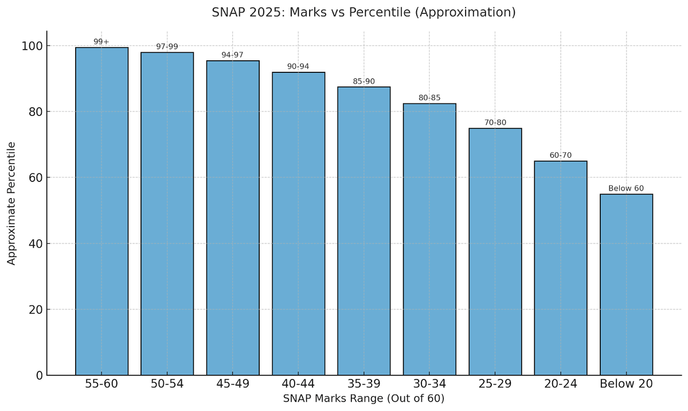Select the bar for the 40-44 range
298,224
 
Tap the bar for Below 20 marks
626,285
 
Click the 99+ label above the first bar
101,42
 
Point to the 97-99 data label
167,46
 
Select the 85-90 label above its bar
363,81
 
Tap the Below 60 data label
626,188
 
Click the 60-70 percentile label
560,155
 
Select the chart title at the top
364,12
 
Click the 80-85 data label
429,98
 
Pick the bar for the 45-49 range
233,218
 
